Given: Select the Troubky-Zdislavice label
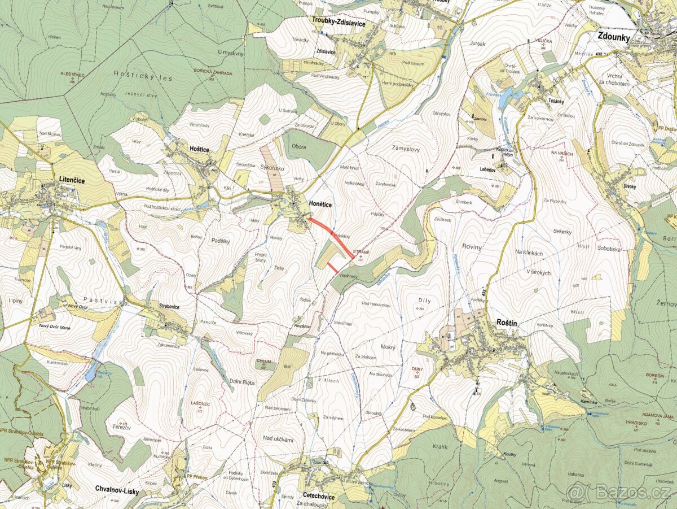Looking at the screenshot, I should [338, 24].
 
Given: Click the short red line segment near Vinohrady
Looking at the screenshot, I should [333, 267].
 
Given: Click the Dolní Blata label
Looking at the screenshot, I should [243, 381].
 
